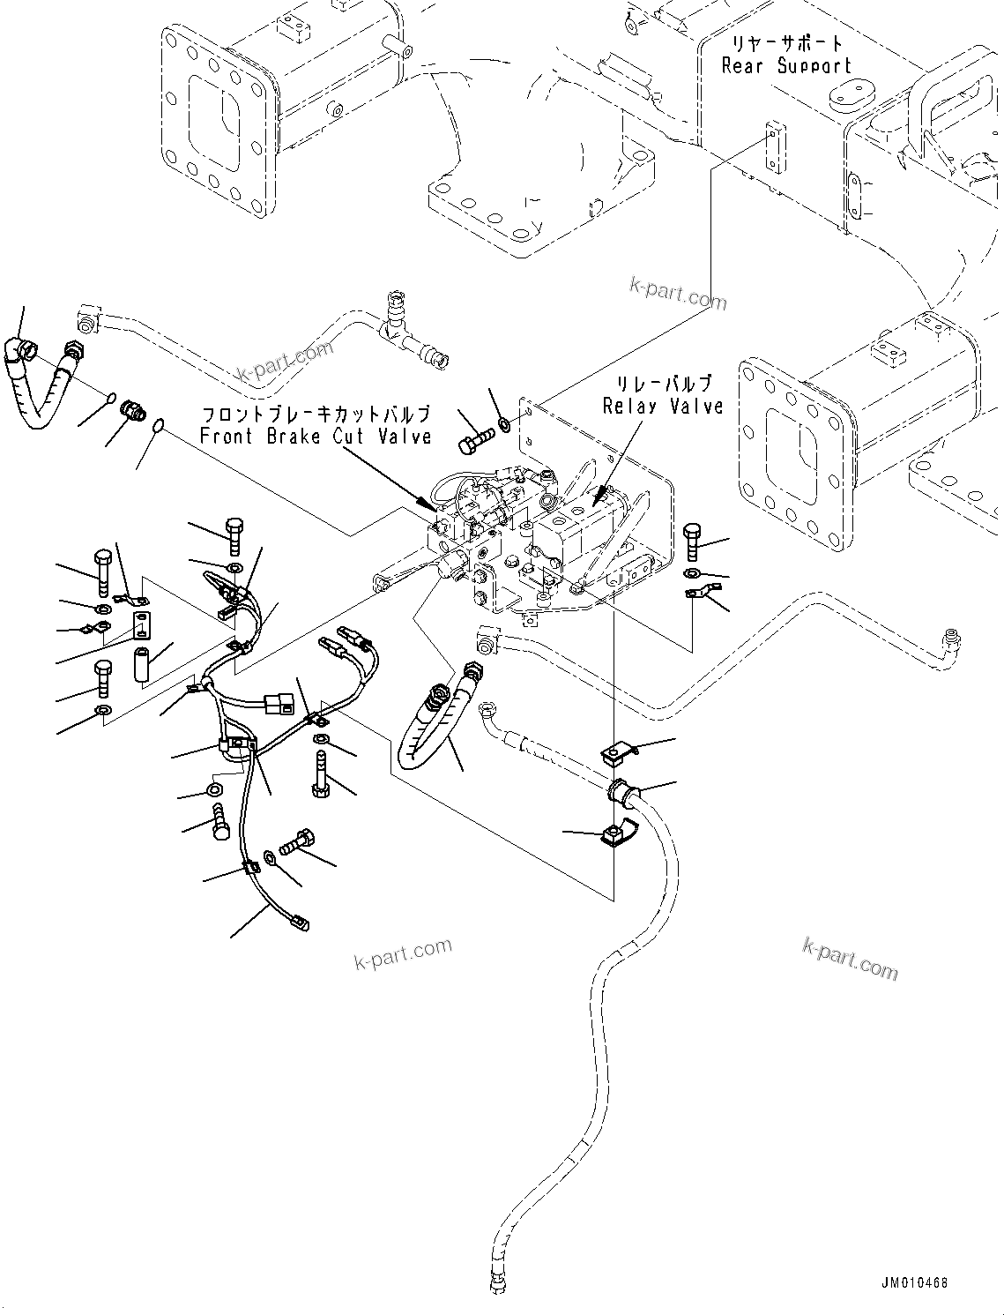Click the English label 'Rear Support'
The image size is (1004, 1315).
786,66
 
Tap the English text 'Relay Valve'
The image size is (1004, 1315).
663,406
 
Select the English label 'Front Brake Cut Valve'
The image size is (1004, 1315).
316,436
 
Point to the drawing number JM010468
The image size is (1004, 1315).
913,1282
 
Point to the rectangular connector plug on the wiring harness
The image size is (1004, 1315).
279,704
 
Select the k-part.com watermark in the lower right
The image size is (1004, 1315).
850,959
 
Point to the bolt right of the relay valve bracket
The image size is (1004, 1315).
692,541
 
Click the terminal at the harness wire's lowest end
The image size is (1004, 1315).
299,924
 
